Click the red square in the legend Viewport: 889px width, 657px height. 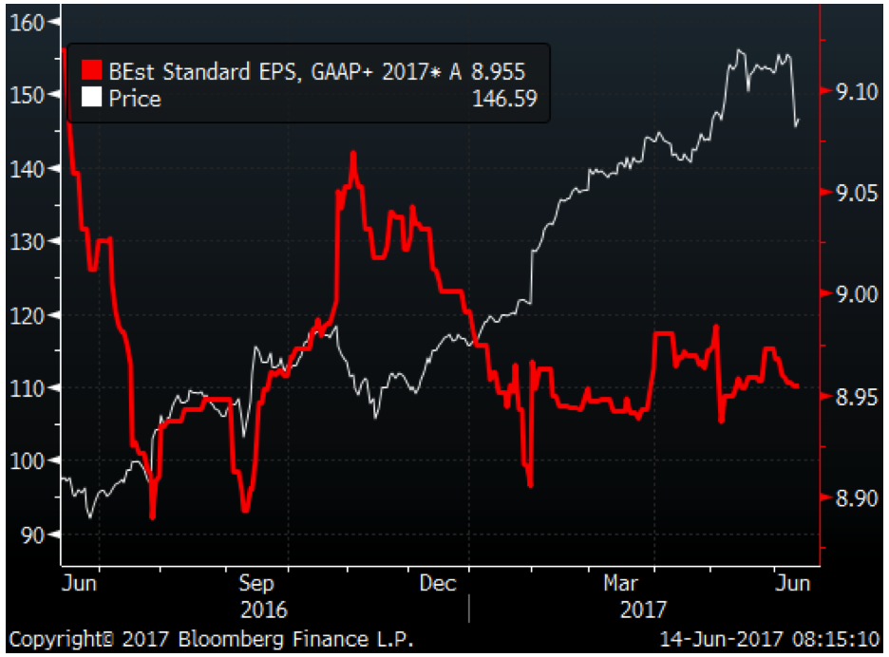91,72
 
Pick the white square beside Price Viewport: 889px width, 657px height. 91,98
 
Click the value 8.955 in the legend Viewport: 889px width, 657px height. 498,72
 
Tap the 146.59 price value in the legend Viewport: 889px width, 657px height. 504,98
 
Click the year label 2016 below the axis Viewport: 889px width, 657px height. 264,609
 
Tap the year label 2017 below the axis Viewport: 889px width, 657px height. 643,609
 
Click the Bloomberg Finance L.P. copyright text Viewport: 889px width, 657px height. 211,638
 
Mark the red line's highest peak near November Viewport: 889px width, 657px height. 352,153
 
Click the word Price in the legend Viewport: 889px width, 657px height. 134,98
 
